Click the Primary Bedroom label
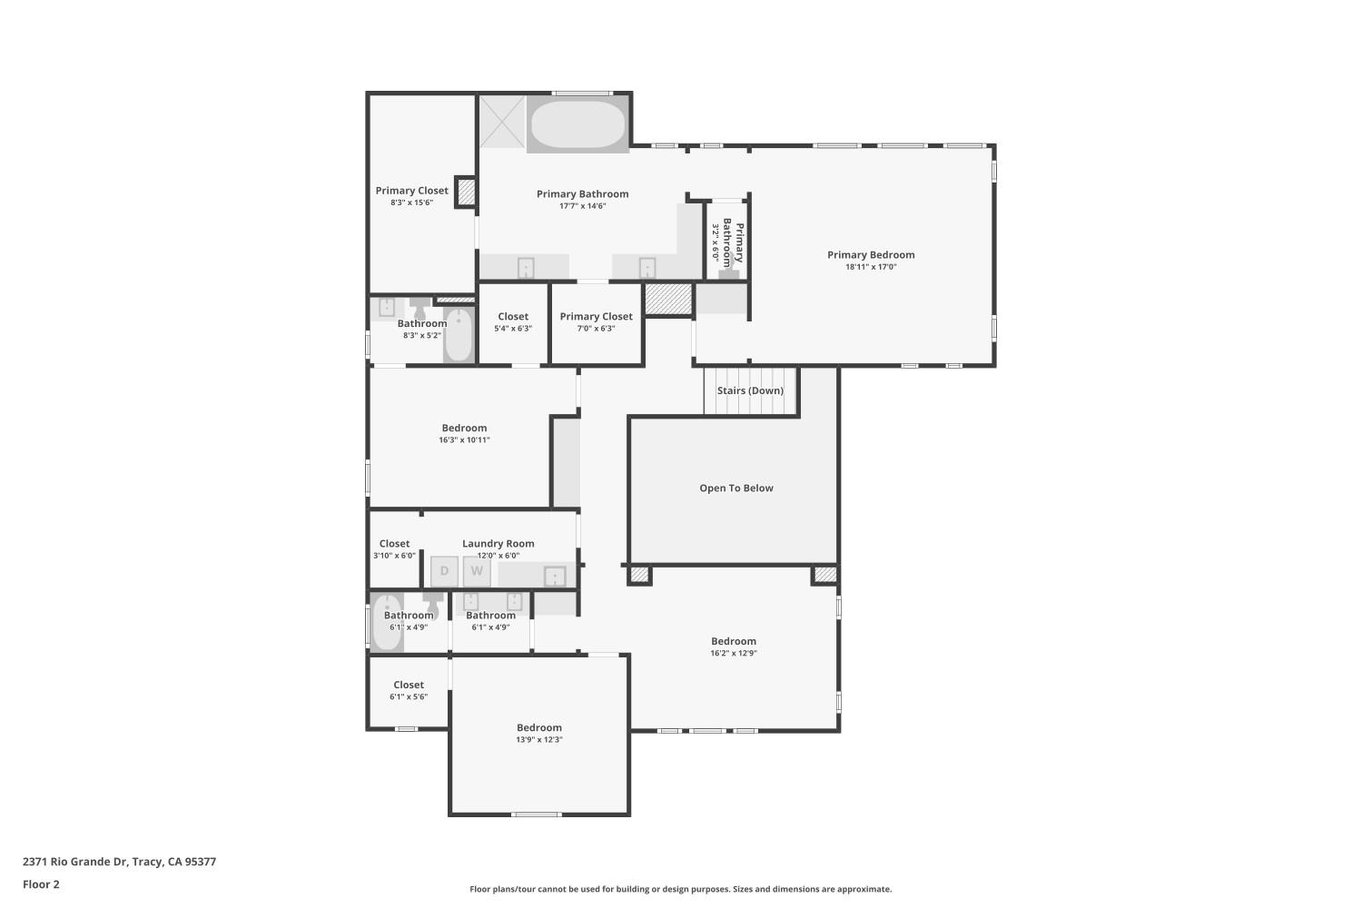pyautogui.click(x=870, y=255)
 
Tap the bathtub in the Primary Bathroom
pyautogui.click(x=578, y=124)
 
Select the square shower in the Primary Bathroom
pyautogui.click(x=502, y=122)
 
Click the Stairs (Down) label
pyautogui.click(x=750, y=390)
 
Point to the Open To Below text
pyautogui.click(x=735, y=489)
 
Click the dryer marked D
pyautogui.click(x=444, y=571)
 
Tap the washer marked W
pyautogui.click(x=477, y=571)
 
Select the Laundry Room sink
pyautogui.click(x=554, y=576)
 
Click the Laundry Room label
pyautogui.click(x=498, y=544)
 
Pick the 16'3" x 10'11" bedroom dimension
pyautogui.click(x=464, y=440)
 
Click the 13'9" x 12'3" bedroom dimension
pyautogui.click(x=539, y=740)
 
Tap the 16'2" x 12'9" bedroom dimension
pyautogui.click(x=734, y=653)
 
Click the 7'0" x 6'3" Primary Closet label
pyautogui.click(x=596, y=317)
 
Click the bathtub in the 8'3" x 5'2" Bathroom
pyautogui.click(x=459, y=335)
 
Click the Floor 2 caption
pyautogui.click(x=41, y=884)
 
